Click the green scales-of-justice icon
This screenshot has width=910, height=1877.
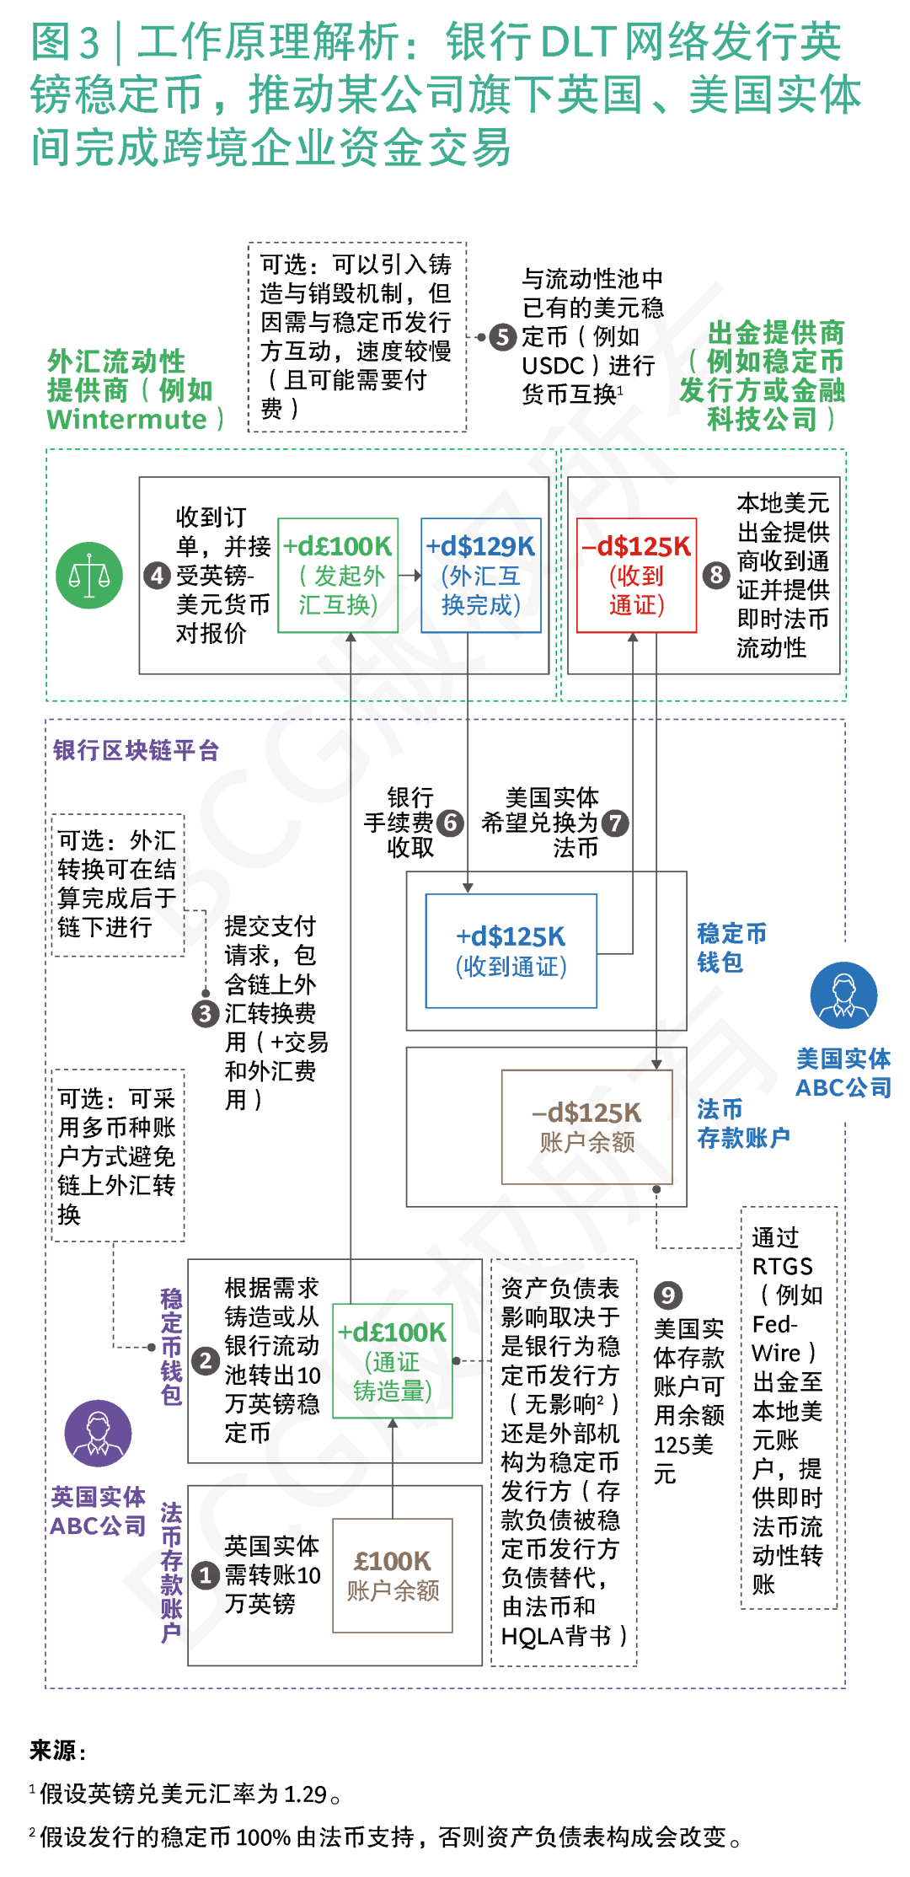[x=89, y=576]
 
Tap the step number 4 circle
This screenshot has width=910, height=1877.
[x=158, y=576]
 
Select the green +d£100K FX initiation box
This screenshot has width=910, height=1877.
[x=338, y=576]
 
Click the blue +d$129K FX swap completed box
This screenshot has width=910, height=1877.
[x=481, y=576]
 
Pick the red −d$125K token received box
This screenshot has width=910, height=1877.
[x=637, y=576]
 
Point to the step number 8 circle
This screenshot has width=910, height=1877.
[x=715, y=576]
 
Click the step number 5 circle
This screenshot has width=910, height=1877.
[x=503, y=337]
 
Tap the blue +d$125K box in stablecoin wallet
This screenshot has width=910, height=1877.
[x=511, y=951]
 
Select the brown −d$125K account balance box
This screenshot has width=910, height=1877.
[x=587, y=1127]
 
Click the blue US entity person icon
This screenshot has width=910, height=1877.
[x=843, y=995]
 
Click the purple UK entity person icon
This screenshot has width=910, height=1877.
[x=98, y=1433]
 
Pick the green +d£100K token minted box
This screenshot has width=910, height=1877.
[x=393, y=1360]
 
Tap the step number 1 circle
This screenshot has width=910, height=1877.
[x=206, y=1574]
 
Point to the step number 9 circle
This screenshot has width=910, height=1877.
[x=667, y=1295]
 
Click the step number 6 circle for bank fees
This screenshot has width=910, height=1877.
[x=451, y=823]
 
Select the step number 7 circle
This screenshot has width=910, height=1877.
[x=616, y=823]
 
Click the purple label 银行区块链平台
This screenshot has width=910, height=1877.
[x=136, y=750]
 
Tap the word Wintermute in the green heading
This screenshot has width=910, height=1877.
[x=126, y=419]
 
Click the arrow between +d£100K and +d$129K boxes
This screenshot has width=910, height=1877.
[x=409, y=576]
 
